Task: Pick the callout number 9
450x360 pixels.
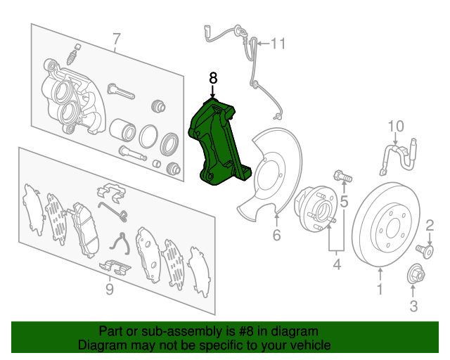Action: [x=109, y=289]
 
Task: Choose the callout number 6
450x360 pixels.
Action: [x=276, y=236]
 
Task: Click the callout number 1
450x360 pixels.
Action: [x=380, y=288]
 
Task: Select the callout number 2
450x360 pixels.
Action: [x=430, y=225]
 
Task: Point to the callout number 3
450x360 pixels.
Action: [x=413, y=305]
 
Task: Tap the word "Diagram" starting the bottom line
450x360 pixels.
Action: [x=100, y=345]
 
